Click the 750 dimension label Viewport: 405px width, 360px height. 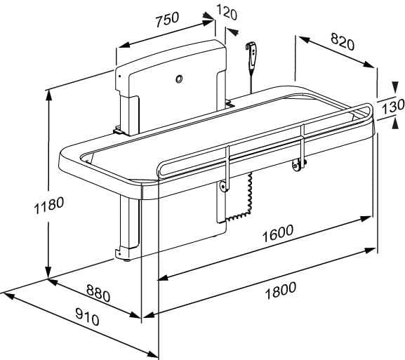167,20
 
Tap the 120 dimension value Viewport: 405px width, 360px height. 227,12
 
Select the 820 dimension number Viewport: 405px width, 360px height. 343,41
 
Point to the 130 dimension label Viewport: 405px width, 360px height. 393,107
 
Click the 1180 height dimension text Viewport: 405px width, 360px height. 49,206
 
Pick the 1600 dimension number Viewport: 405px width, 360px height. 278,234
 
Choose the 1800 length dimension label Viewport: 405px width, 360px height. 281,291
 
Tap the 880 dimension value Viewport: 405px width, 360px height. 98,293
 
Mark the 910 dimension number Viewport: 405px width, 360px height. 87,317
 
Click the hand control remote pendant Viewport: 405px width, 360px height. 251,55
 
